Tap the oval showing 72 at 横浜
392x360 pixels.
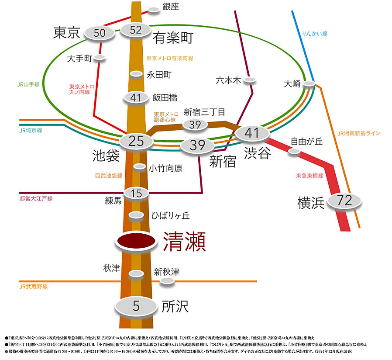345,201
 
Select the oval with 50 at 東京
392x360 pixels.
100,33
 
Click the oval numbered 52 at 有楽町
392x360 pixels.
136,30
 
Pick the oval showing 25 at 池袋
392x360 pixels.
136,141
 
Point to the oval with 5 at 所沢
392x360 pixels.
136,306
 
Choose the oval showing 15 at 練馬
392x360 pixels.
136,193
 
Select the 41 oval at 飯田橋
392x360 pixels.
136,97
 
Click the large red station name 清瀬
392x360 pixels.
184,242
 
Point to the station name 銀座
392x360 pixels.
171,7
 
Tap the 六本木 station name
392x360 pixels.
229,80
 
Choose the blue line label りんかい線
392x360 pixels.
314,34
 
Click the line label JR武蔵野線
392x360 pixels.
34,287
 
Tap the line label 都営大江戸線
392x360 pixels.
36,198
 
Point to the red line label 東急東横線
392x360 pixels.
309,176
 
